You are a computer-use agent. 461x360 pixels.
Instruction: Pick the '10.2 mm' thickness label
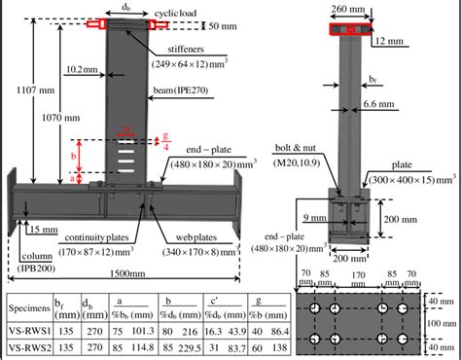tap(81, 69)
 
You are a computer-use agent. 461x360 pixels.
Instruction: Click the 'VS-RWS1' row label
tap(28, 334)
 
